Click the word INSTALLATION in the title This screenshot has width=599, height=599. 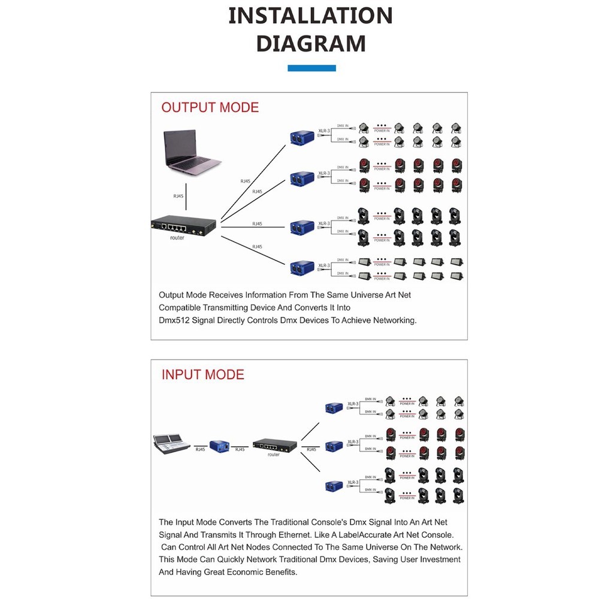tap(311, 16)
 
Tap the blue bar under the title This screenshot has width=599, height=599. tap(311, 68)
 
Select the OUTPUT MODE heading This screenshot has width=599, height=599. tap(210, 108)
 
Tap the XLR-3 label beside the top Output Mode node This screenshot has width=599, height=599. tap(324, 129)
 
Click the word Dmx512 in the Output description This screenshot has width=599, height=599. tap(174, 320)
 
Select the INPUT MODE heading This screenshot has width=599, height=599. tap(203, 375)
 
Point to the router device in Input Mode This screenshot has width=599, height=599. tap(274, 445)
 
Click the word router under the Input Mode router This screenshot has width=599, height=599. tap(274, 455)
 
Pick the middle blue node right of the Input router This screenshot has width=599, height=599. tap(333, 446)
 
